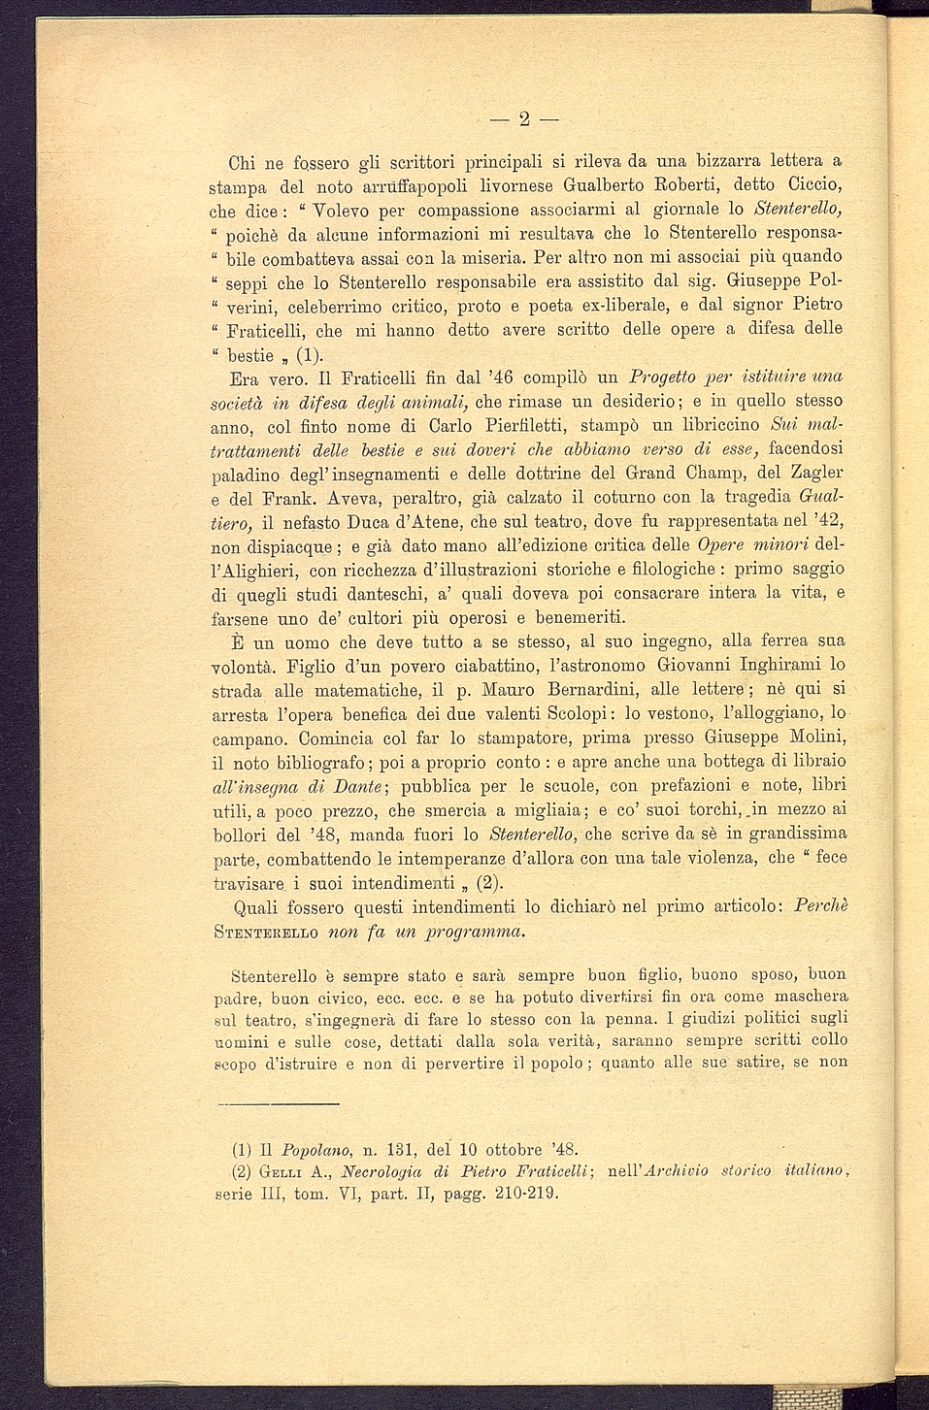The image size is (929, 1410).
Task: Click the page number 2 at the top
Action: click(x=524, y=120)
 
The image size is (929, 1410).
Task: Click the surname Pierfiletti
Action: click(x=522, y=426)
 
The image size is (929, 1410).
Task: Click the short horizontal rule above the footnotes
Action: click(x=277, y=1103)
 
